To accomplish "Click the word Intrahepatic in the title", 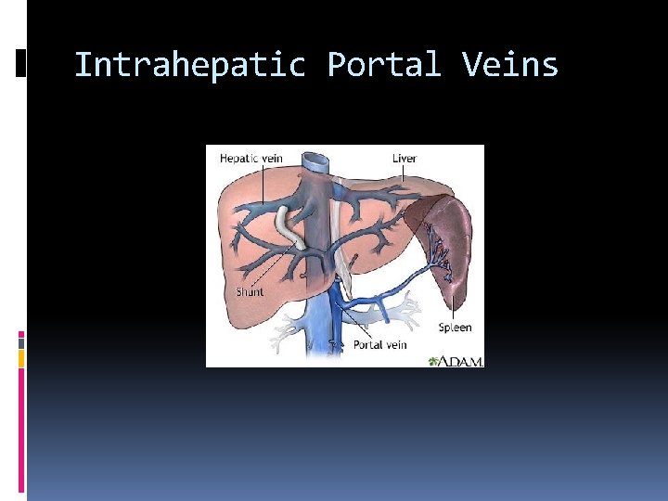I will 189,66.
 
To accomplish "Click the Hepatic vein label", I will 250,158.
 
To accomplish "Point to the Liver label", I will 404,158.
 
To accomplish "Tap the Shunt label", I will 249,291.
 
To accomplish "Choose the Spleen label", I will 455,327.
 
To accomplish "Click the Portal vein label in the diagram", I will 380,345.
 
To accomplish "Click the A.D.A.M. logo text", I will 461,360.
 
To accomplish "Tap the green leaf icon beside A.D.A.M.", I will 433,360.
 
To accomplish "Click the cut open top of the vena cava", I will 317,161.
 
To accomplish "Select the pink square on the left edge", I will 21,336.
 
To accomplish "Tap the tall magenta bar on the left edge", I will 21,427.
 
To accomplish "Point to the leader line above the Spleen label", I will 453,297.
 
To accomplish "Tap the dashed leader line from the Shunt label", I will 264,269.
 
